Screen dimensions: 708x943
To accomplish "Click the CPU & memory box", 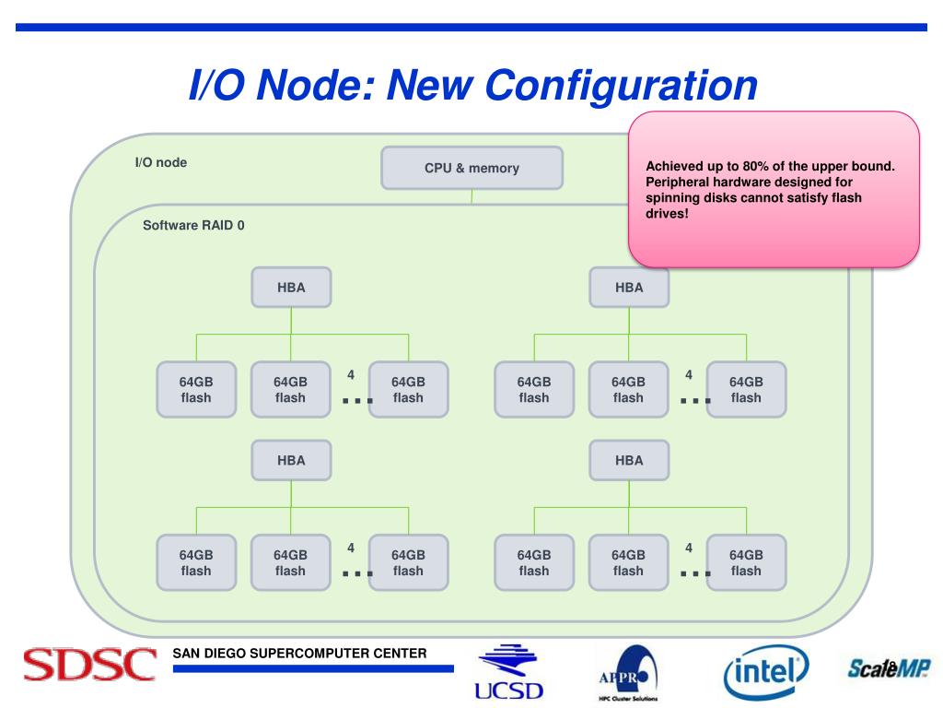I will (x=471, y=168).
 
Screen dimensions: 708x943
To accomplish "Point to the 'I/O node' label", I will (x=161, y=162).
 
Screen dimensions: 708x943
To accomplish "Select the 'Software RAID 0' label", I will (x=193, y=225).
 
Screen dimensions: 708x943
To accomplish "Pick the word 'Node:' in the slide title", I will (x=314, y=85).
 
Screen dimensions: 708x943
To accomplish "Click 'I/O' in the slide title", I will (x=216, y=85).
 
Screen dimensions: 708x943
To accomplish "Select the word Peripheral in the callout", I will (x=681, y=182).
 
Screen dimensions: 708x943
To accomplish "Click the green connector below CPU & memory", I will (x=471, y=196).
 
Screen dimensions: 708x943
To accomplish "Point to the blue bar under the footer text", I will (x=313, y=669).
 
